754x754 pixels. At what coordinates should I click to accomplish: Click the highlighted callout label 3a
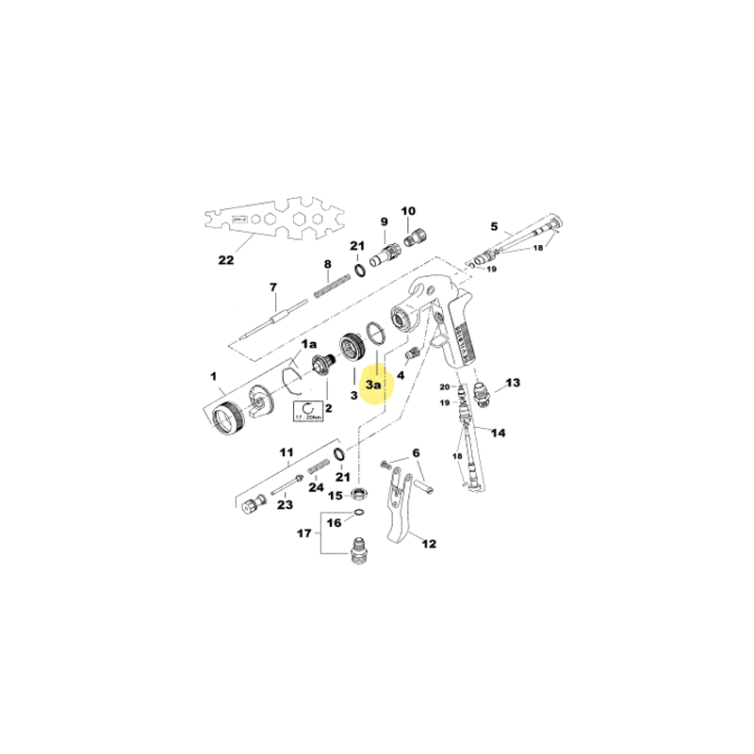373,385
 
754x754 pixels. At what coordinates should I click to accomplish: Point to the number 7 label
273,287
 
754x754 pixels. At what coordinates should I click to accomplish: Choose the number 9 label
384,221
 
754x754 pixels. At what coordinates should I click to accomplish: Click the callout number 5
493,226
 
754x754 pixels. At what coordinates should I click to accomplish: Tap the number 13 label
513,383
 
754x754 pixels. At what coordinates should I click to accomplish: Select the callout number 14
499,434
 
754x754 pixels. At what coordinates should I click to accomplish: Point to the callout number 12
429,543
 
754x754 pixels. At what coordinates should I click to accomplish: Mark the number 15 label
335,495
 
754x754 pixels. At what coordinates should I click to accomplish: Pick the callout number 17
303,533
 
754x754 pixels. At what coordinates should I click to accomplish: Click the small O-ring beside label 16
356,514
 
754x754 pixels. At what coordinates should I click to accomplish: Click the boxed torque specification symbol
308,411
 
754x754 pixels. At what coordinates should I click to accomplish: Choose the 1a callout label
309,347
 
